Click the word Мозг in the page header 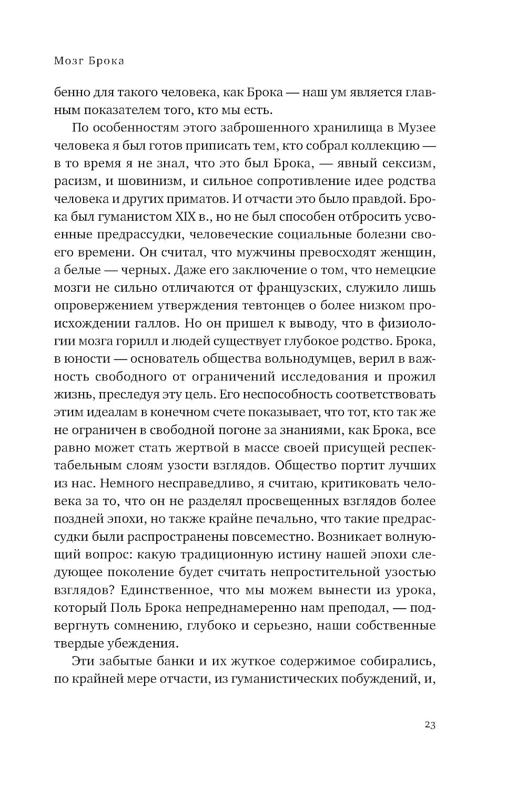pos(68,61)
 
